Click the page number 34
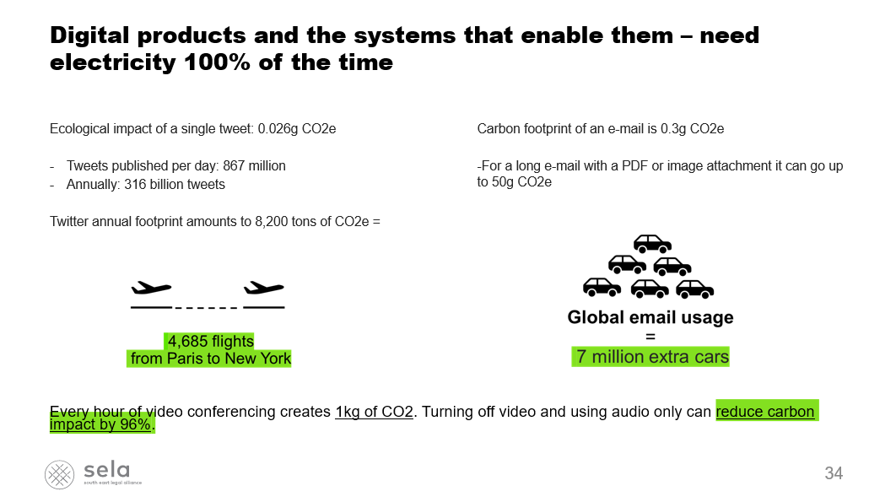(x=833, y=473)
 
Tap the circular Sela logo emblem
(x=59, y=474)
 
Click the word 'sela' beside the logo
(x=107, y=470)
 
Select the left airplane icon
(x=151, y=288)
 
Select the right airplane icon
(x=264, y=288)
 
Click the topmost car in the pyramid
(x=652, y=244)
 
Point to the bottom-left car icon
(x=602, y=288)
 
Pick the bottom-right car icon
(x=695, y=289)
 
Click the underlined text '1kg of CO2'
(x=374, y=412)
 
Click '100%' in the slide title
(x=217, y=62)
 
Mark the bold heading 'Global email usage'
(x=650, y=317)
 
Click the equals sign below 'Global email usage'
(x=650, y=337)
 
